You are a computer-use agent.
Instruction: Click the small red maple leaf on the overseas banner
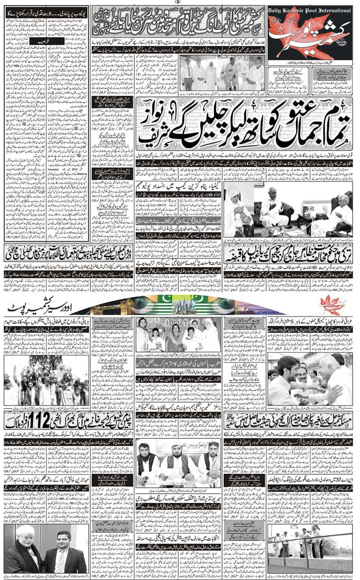click(x=333, y=306)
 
